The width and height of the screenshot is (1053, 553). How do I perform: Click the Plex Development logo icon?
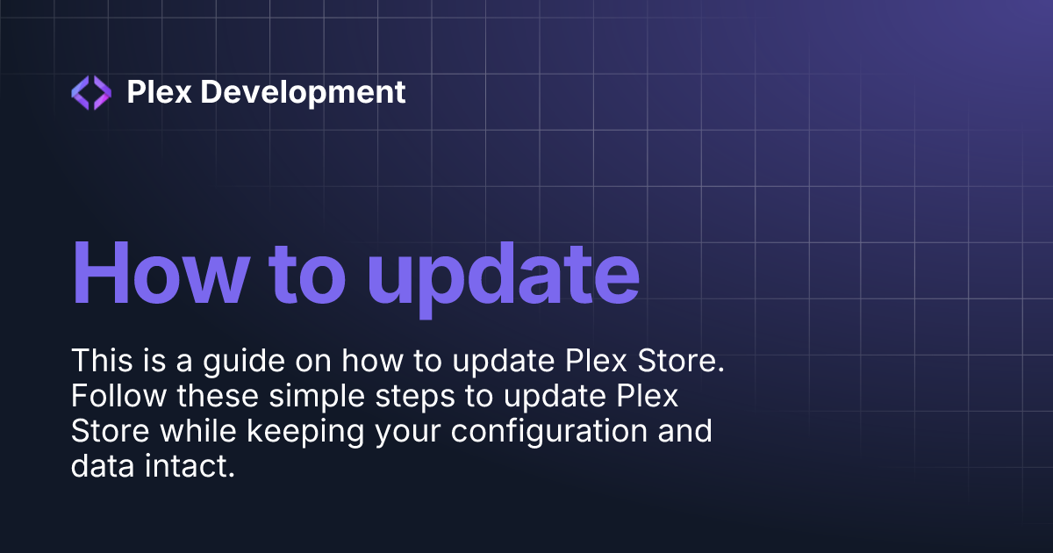coord(91,92)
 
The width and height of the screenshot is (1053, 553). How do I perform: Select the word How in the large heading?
coord(155,272)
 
